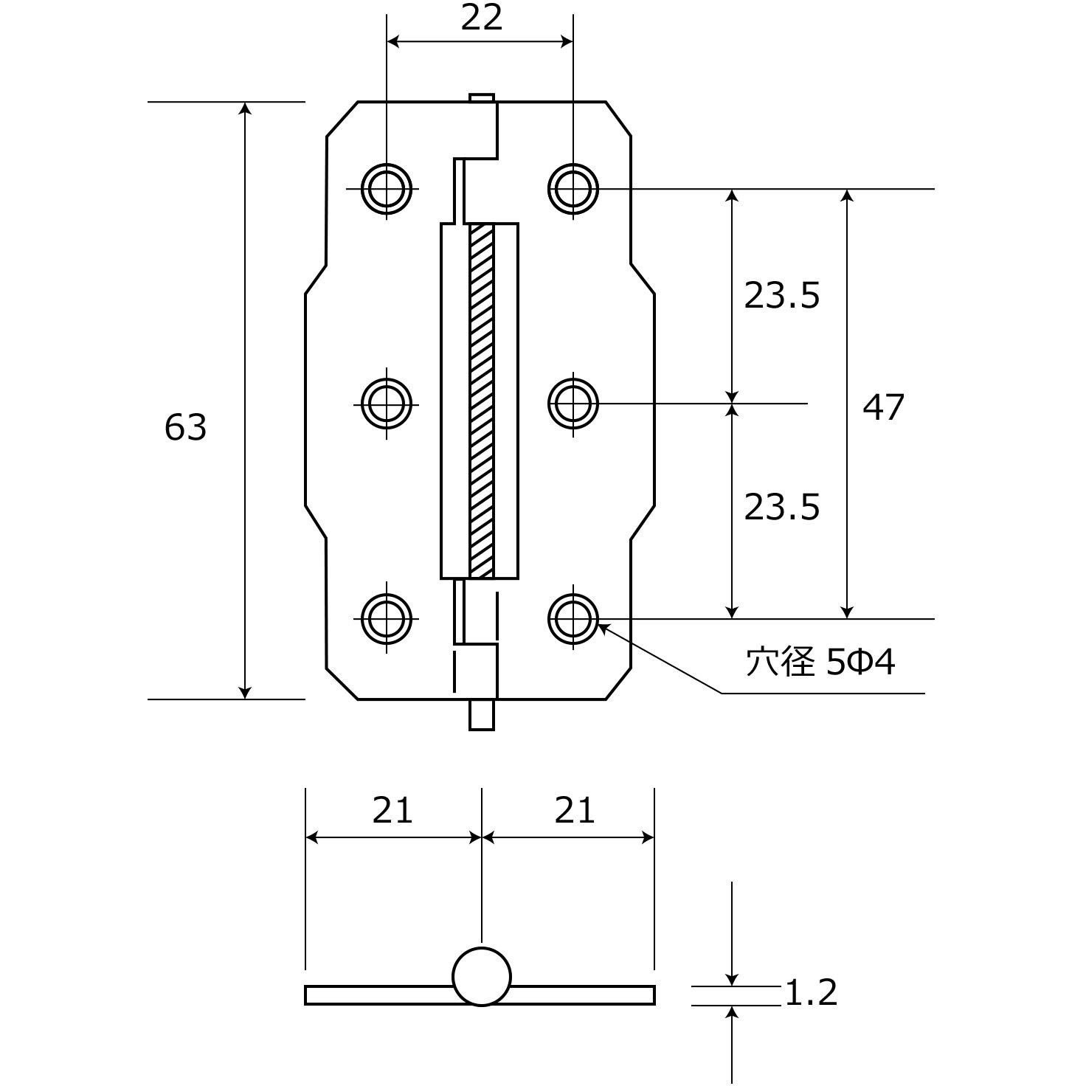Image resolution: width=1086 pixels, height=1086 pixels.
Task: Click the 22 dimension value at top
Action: point(481,18)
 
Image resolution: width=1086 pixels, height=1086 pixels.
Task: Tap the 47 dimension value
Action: point(883,407)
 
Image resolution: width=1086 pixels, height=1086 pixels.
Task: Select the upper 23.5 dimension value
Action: point(782,295)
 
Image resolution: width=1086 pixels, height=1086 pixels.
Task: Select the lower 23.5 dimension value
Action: point(782,507)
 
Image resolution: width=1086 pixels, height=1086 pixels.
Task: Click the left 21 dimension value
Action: point(392,810)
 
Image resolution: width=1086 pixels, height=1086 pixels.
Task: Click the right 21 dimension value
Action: point(574,810)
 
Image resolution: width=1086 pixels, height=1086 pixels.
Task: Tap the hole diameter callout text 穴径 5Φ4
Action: point(820,662)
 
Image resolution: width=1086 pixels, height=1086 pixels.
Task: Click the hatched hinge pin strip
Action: point(481,401)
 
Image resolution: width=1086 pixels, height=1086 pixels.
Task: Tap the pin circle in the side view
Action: point(482,977)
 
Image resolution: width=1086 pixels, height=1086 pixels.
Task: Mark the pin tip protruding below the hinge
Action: point(482,715)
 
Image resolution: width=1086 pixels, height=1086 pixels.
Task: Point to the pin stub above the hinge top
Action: point(482,98)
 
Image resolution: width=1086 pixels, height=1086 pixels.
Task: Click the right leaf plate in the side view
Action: point(582,995)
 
